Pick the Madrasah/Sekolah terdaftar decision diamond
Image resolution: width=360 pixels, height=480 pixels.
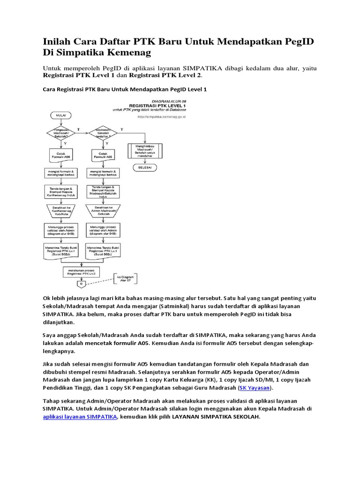click(x=106, y=133)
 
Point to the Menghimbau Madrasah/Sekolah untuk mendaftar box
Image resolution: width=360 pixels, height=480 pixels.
click(x=145, y=150)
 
